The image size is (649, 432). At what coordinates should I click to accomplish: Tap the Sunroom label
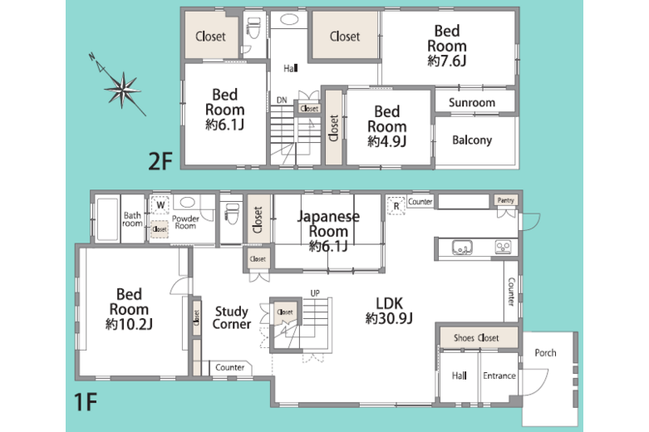472,102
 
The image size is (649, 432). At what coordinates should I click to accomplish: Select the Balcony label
472,140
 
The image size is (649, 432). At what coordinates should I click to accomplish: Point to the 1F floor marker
86,401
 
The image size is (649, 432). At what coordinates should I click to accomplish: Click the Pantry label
506,200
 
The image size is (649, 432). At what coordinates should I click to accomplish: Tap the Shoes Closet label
476,337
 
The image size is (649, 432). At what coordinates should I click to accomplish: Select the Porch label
545,352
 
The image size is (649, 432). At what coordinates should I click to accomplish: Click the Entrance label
499,376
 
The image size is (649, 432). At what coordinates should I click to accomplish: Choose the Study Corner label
231,317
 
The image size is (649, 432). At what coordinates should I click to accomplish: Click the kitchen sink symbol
462,248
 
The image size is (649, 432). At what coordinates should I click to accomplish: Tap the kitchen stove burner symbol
504,248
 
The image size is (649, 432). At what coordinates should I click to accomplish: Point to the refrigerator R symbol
396,206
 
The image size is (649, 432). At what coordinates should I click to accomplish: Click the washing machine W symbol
160,205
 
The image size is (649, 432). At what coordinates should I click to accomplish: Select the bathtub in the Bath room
107,219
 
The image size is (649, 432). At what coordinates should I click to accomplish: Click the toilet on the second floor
253,28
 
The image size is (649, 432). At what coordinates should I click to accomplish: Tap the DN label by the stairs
282,100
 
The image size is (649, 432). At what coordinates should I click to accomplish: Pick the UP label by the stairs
315,293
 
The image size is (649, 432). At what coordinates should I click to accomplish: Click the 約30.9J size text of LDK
389,318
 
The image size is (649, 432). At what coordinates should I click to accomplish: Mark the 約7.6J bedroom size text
447,61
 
